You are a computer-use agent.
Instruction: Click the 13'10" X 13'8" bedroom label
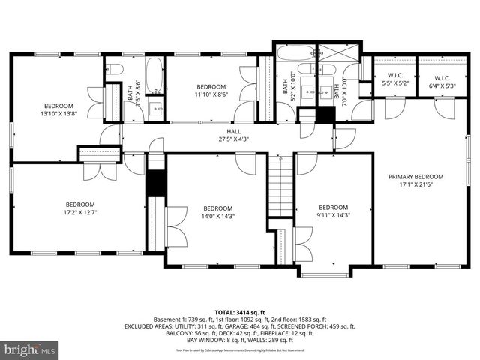pos(58,109)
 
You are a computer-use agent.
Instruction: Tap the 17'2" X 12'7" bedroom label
pos(80,208)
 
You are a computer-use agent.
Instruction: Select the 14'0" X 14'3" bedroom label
pos(217,212)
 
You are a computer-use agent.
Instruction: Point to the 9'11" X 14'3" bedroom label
pos(334,211)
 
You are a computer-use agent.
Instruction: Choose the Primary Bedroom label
pos(415,181)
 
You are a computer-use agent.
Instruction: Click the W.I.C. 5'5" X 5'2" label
pos(395,79)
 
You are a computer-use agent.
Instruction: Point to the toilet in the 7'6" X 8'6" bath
pos(114,68)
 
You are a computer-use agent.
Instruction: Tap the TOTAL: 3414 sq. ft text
pos(239,311)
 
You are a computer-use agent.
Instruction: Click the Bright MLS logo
pos(29,349)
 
